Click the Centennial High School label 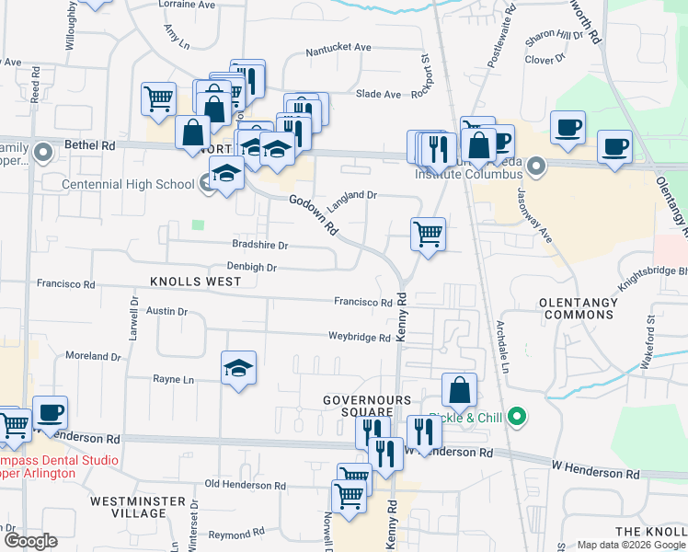(x=128, y=184)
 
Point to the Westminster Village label (x=128, y=507)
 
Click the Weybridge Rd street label (x=360, y=338)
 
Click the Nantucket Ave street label (x=338, y=48)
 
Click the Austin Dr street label (x=167, y=312)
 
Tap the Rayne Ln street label (x=173, y=379)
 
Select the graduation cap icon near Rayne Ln (x=239, y=369)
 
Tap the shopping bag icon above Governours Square (x=459, y=390)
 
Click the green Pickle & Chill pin (x=516, y=418)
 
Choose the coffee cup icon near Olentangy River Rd (x=614, y=146)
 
